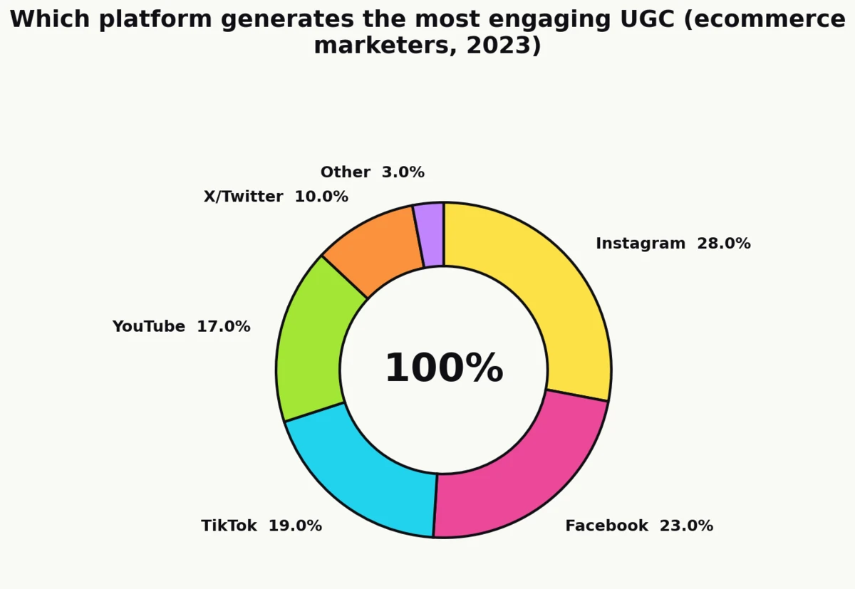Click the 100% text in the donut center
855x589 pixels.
point(444,369)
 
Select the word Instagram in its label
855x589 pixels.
point(640,244)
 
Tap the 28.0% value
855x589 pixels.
point(723,244)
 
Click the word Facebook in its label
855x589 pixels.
point(606,526)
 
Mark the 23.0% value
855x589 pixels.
point(686,526)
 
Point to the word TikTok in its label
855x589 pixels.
point(229,526)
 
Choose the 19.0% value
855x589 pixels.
point(295,526)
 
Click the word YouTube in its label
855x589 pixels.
point(148,326)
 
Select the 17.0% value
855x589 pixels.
point(224,326)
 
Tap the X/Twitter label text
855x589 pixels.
point(243,197)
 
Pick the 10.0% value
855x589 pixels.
point(321,197)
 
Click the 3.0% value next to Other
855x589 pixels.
point(403,172)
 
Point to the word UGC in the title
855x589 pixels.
point(642,19)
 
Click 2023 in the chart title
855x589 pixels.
point(499,46)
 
